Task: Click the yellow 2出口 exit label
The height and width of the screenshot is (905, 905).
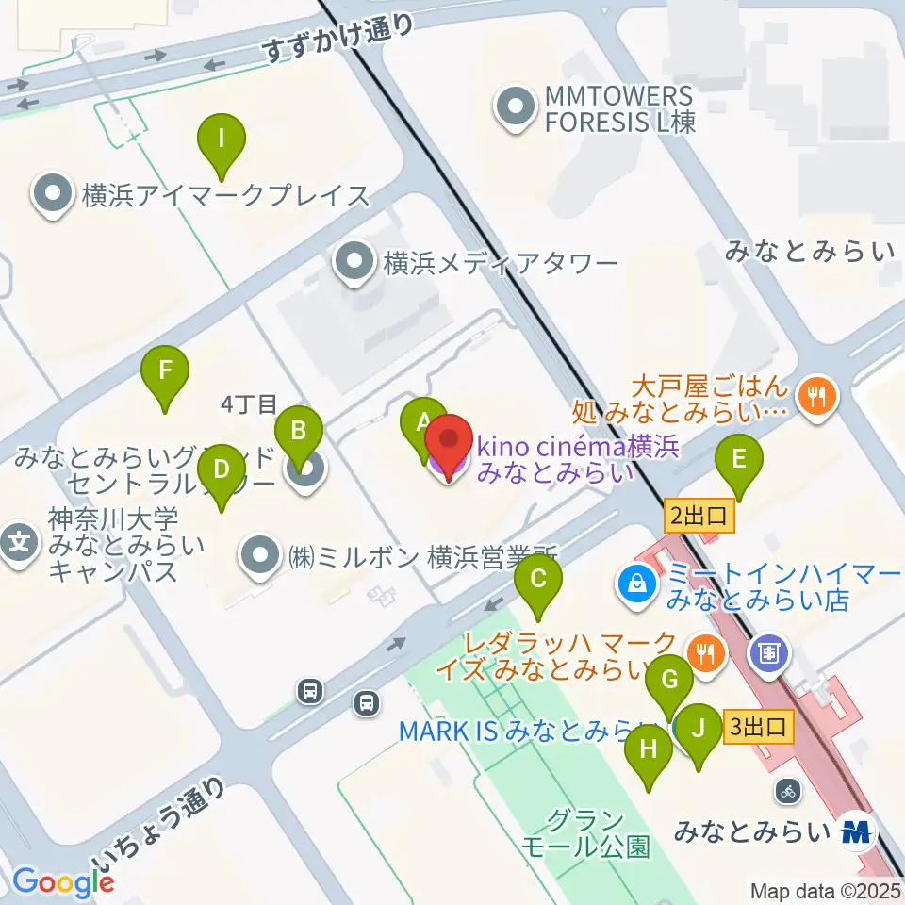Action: pyautogui.click(x=699, y=516)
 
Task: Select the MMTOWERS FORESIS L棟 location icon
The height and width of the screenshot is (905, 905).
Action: pyautogui.click(x=515, y=108)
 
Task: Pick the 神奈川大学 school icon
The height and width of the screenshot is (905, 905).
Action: pyautogui.click(x=20, y=544)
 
